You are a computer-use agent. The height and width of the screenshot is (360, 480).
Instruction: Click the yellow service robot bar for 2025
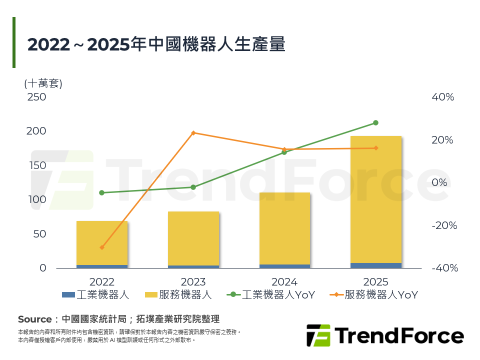(x=376, y=200)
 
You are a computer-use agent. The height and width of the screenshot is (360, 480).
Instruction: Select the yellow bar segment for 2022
(x=102, y=243)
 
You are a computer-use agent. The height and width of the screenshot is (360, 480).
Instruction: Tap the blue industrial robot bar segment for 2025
(x=376, y=265)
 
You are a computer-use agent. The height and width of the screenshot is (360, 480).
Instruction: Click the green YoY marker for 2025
(x=376, y=122)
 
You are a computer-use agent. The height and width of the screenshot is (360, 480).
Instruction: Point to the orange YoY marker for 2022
(x=102, y=247)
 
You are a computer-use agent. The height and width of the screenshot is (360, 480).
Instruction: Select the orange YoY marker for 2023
(x=193, y=133)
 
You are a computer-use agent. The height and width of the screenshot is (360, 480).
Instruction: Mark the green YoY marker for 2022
(x=102, y=192)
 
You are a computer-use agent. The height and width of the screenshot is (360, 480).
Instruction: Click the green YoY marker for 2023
(x=193, y=187)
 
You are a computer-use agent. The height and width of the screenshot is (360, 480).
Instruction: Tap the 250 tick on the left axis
(x=36, y=97)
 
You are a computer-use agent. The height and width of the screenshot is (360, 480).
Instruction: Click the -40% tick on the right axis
(x=444, y=268)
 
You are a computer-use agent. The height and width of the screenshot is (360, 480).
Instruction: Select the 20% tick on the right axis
(x=442, y=140)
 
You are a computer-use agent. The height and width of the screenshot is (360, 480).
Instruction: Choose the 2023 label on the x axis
(x=193, y=282)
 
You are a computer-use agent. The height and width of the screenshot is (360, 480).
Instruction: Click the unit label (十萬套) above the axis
(x=43, y=83)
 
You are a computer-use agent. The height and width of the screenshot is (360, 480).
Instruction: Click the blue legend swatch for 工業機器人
(x=68, y=295)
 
